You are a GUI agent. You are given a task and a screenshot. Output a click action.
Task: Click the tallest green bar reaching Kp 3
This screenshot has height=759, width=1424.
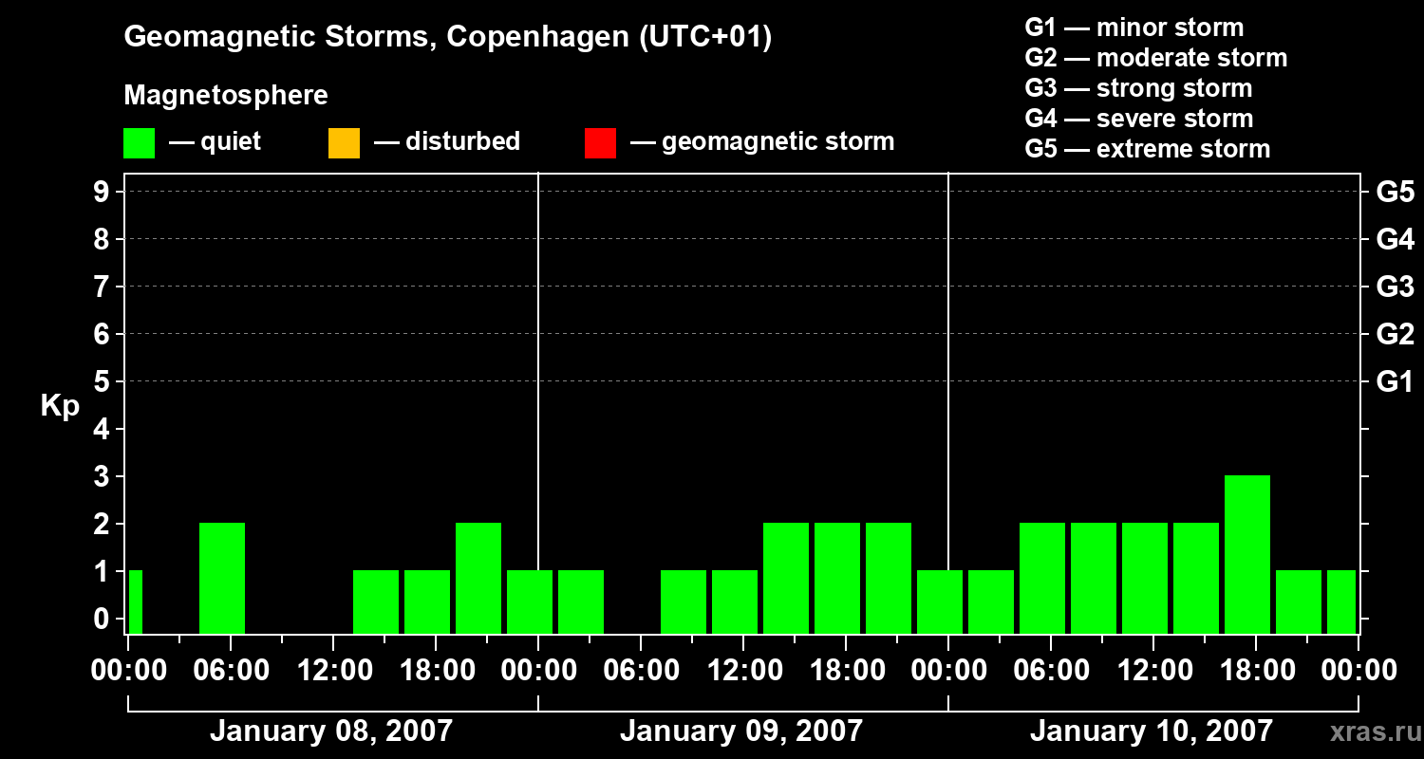click(x=1246, y=554)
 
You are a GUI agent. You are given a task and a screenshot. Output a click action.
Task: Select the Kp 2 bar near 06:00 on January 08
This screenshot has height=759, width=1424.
click(x=222, y=578)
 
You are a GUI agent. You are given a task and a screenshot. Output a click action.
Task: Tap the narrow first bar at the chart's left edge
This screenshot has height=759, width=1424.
click(x=135, y=602)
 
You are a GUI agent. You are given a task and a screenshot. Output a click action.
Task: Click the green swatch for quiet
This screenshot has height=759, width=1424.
click(x=139, y=142)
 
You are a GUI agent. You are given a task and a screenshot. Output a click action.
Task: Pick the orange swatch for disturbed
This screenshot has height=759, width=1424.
click(x=344, y=142)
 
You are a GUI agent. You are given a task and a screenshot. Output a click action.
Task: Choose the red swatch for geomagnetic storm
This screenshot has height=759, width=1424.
click(x=600, y=142)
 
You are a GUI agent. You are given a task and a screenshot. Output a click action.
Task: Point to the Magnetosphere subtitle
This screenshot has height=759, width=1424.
click(x=226, y=95)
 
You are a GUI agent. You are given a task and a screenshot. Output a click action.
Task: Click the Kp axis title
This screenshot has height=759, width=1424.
click(x=60, y=406)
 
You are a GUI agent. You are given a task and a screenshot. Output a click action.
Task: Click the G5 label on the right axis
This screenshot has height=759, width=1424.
click(x=1395, y=192)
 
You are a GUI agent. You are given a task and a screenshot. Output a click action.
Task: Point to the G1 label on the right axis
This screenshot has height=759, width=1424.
click(x=1395, y=381)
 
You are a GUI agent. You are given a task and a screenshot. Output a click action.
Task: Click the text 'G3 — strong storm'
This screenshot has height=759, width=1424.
click(x=1138, y=88)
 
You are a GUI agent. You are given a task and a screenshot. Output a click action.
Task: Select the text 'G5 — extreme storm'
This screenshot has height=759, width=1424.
click(x=1147, y=149)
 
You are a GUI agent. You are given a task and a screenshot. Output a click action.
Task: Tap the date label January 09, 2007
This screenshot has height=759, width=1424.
click(x=741, y=731)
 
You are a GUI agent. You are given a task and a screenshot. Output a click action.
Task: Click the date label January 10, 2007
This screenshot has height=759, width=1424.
click(x=1151, y=731)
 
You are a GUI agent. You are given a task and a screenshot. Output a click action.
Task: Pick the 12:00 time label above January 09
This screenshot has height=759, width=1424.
click(x=742, y=671)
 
